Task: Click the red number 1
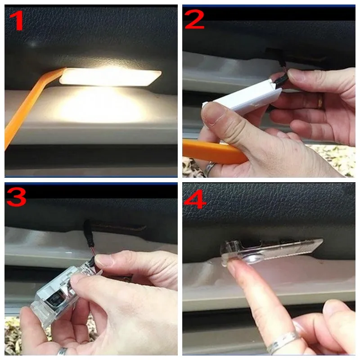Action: coord(17,20)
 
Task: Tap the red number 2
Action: coord(194,19)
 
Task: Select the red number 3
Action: coord(16,197)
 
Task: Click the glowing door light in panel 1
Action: coord(110,77)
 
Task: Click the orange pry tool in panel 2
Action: coord(213,152)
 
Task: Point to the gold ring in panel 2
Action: coord(320,100)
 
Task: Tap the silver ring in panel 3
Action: coord(62,351)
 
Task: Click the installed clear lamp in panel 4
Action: coord(271,252)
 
